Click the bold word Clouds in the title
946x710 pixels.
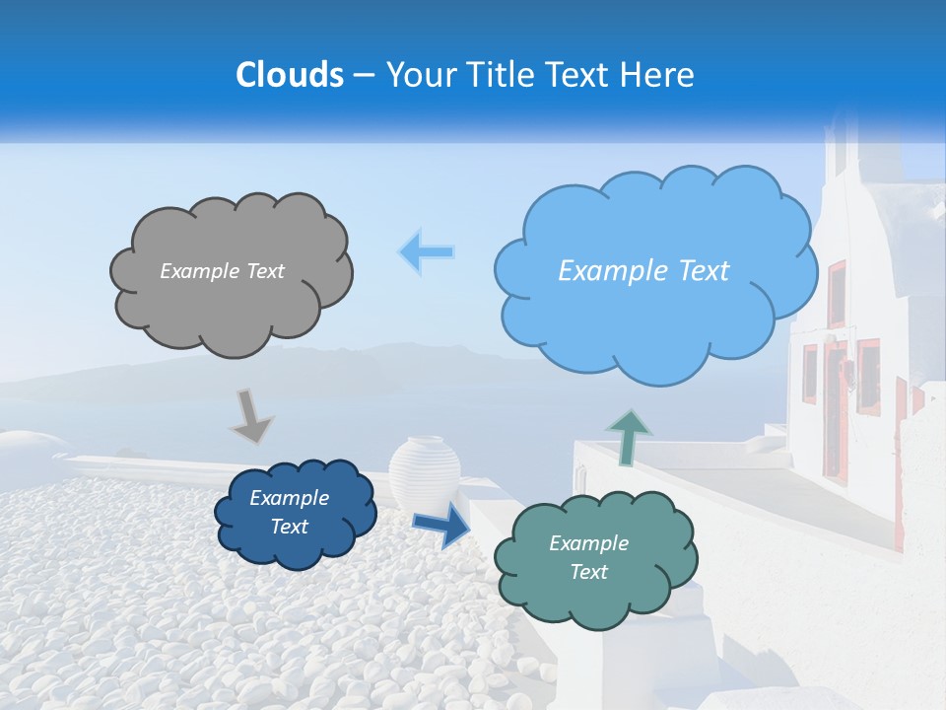[291, 75]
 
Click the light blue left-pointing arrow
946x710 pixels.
[426, 251]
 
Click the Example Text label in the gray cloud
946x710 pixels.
[222, 271]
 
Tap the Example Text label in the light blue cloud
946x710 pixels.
[643, 271]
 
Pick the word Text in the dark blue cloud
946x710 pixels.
[290, 527]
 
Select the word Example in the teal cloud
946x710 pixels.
[588, 543]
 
